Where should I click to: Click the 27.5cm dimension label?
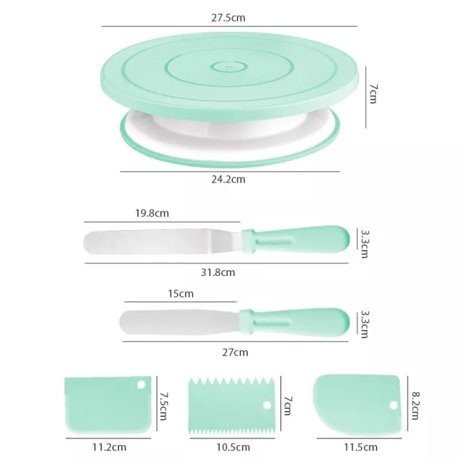click(x=229, y=18)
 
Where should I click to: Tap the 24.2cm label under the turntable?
click(x=229, y=179)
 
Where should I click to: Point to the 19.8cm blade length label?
click(x=152, y=213)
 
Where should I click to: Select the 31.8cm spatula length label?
click(x=218, y=272)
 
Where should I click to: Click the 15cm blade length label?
click(x=180, y=294)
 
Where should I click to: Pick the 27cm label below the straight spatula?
click(x=235, y=352)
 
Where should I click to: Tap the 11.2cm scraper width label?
click(x=109, y=447)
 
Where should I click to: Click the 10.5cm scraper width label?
click(x=233, y=447)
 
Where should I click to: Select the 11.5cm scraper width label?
click(x=361, y=447)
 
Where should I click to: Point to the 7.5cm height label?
click(x=163, y=406)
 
